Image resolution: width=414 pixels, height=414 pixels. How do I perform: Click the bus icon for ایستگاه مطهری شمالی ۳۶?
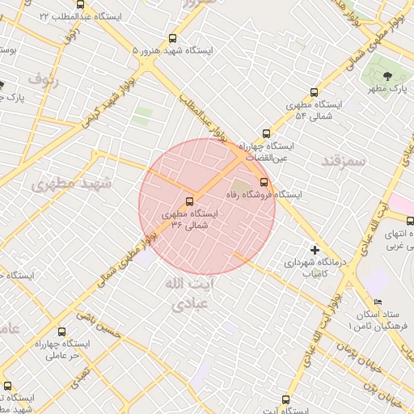pos(190,201)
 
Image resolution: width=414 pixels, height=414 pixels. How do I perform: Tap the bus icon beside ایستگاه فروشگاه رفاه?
pos(264,181)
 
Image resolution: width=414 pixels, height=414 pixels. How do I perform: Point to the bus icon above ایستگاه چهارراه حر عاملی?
pos(62,331)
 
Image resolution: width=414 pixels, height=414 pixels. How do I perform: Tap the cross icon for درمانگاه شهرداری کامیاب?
pos(315,250)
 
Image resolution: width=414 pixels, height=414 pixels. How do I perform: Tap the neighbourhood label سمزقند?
pos(344,159)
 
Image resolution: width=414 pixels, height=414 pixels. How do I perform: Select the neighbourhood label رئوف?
pos(44,79)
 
